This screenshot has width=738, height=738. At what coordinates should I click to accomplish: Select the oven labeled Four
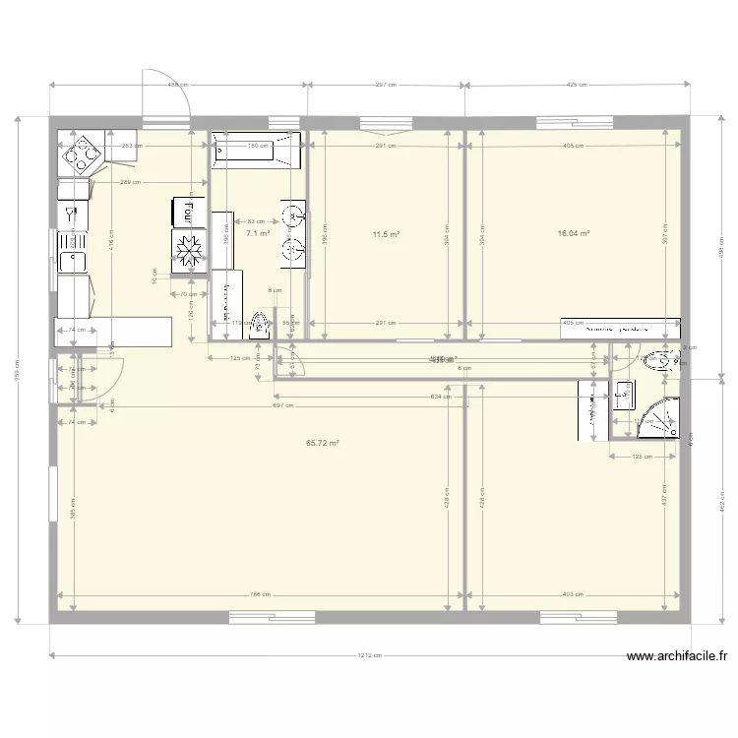185,211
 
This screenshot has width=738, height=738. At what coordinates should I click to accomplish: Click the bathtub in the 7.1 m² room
255,148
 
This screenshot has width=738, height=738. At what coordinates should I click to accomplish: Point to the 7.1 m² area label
258,234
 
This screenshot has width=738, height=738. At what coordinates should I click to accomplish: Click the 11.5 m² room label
386,234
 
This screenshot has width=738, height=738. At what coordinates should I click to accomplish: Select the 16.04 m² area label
573,234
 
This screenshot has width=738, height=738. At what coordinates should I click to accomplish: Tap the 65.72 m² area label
323,444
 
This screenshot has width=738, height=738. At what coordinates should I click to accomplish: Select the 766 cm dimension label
259,594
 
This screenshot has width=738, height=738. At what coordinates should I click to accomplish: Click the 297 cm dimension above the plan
386,86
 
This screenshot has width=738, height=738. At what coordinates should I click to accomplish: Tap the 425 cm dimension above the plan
577,86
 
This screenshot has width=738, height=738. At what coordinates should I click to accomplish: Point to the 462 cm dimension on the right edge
724,502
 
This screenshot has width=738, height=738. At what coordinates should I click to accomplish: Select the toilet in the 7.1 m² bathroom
259,326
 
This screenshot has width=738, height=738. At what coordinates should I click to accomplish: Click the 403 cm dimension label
574,594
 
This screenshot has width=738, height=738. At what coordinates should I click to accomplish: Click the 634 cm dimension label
441,398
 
